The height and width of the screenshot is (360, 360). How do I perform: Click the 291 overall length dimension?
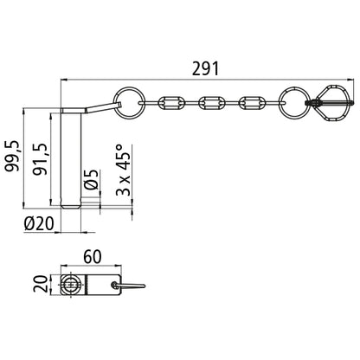(x=207, y=67)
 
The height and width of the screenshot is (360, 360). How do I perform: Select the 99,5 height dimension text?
(x=12, y=155)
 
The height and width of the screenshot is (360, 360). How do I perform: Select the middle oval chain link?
(x=212, y=103)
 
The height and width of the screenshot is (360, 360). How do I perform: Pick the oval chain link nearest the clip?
(x=253, y=103)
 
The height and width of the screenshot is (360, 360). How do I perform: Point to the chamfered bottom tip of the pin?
(x=74, y=206)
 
